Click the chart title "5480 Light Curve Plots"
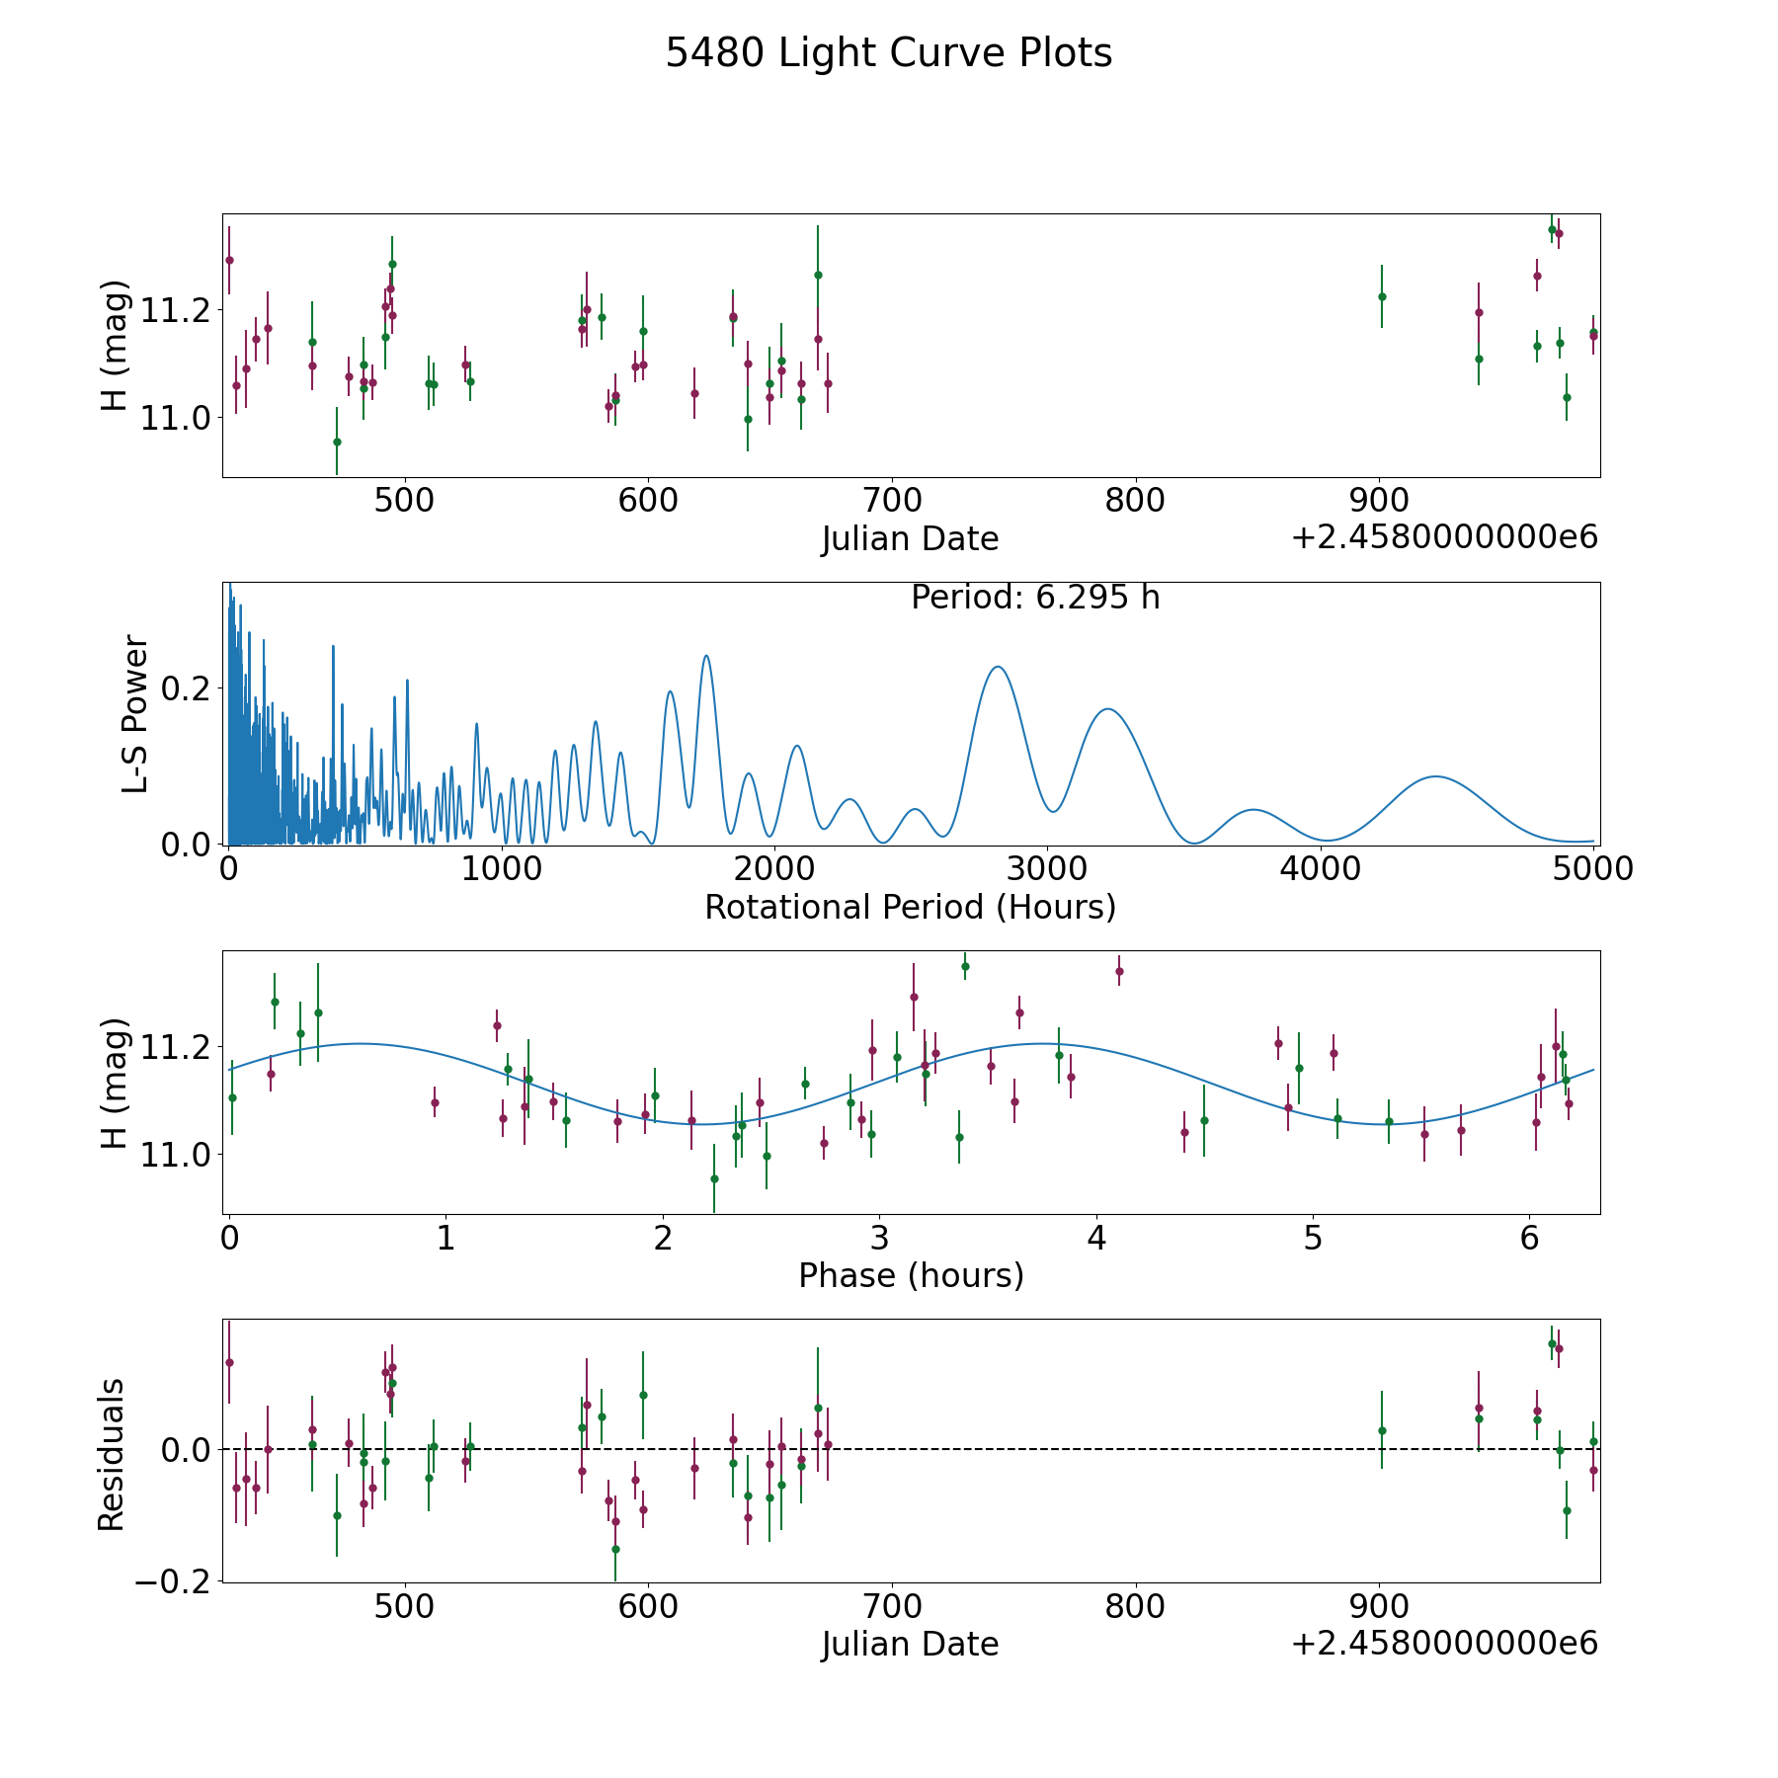click(888, 53)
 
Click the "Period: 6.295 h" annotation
click(1034, 598)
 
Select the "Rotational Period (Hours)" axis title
click(910, 907)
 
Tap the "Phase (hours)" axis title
click(911, 1275)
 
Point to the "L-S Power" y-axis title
click(135, 713)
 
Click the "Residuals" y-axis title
click(112, 1454)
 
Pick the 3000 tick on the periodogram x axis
click(1047, 869)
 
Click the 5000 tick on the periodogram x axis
click(1593, 869)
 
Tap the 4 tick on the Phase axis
click(1095, 1238)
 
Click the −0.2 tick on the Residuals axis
click(165, 1581)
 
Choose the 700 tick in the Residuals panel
click(892, 1606)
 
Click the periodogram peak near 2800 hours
click(998, 667)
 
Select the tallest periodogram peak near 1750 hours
click(706, 656)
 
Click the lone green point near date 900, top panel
click(1382, 296)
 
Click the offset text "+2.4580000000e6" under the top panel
click(1444, 537)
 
